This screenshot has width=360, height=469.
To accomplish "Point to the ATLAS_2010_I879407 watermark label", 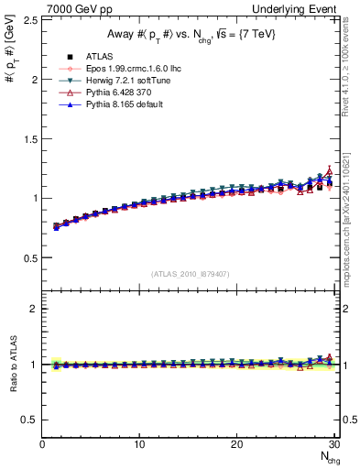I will (189, 274).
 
